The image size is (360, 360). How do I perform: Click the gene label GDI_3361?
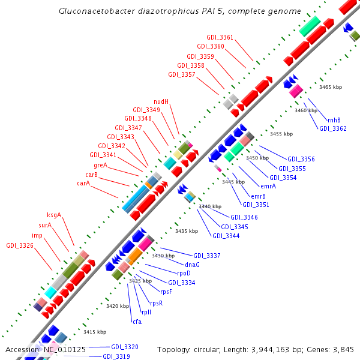pyautogui.click(x=220, y=37)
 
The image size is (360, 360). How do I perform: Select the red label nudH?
pyautogui.click(x=161, y=101)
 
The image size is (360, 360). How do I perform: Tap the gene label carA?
pyautogui.click(x=83, y=183)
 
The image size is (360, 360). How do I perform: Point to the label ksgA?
pyautogui.click(x=54, y=215)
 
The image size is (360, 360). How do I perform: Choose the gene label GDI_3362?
pyautogui.click(x=332, y=128)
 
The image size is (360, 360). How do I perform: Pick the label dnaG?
pyautogui.click(x=192, y=265)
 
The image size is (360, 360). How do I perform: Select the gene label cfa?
pyautogui.click(x=137, y=322)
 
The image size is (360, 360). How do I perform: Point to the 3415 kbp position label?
pyautogui.click(x=94, y=332)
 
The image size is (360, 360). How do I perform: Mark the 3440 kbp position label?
pyautogui.click(x=210, y=206)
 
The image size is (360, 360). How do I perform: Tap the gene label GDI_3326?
pyautogui.click(x=20, y=245)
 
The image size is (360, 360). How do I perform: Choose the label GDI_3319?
pyautogui.click(x=116, y=356)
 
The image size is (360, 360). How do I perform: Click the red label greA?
pyautogui.click(x=100, y=165)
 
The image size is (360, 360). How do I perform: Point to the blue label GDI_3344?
pyautogui.click(x=225, y=236)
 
